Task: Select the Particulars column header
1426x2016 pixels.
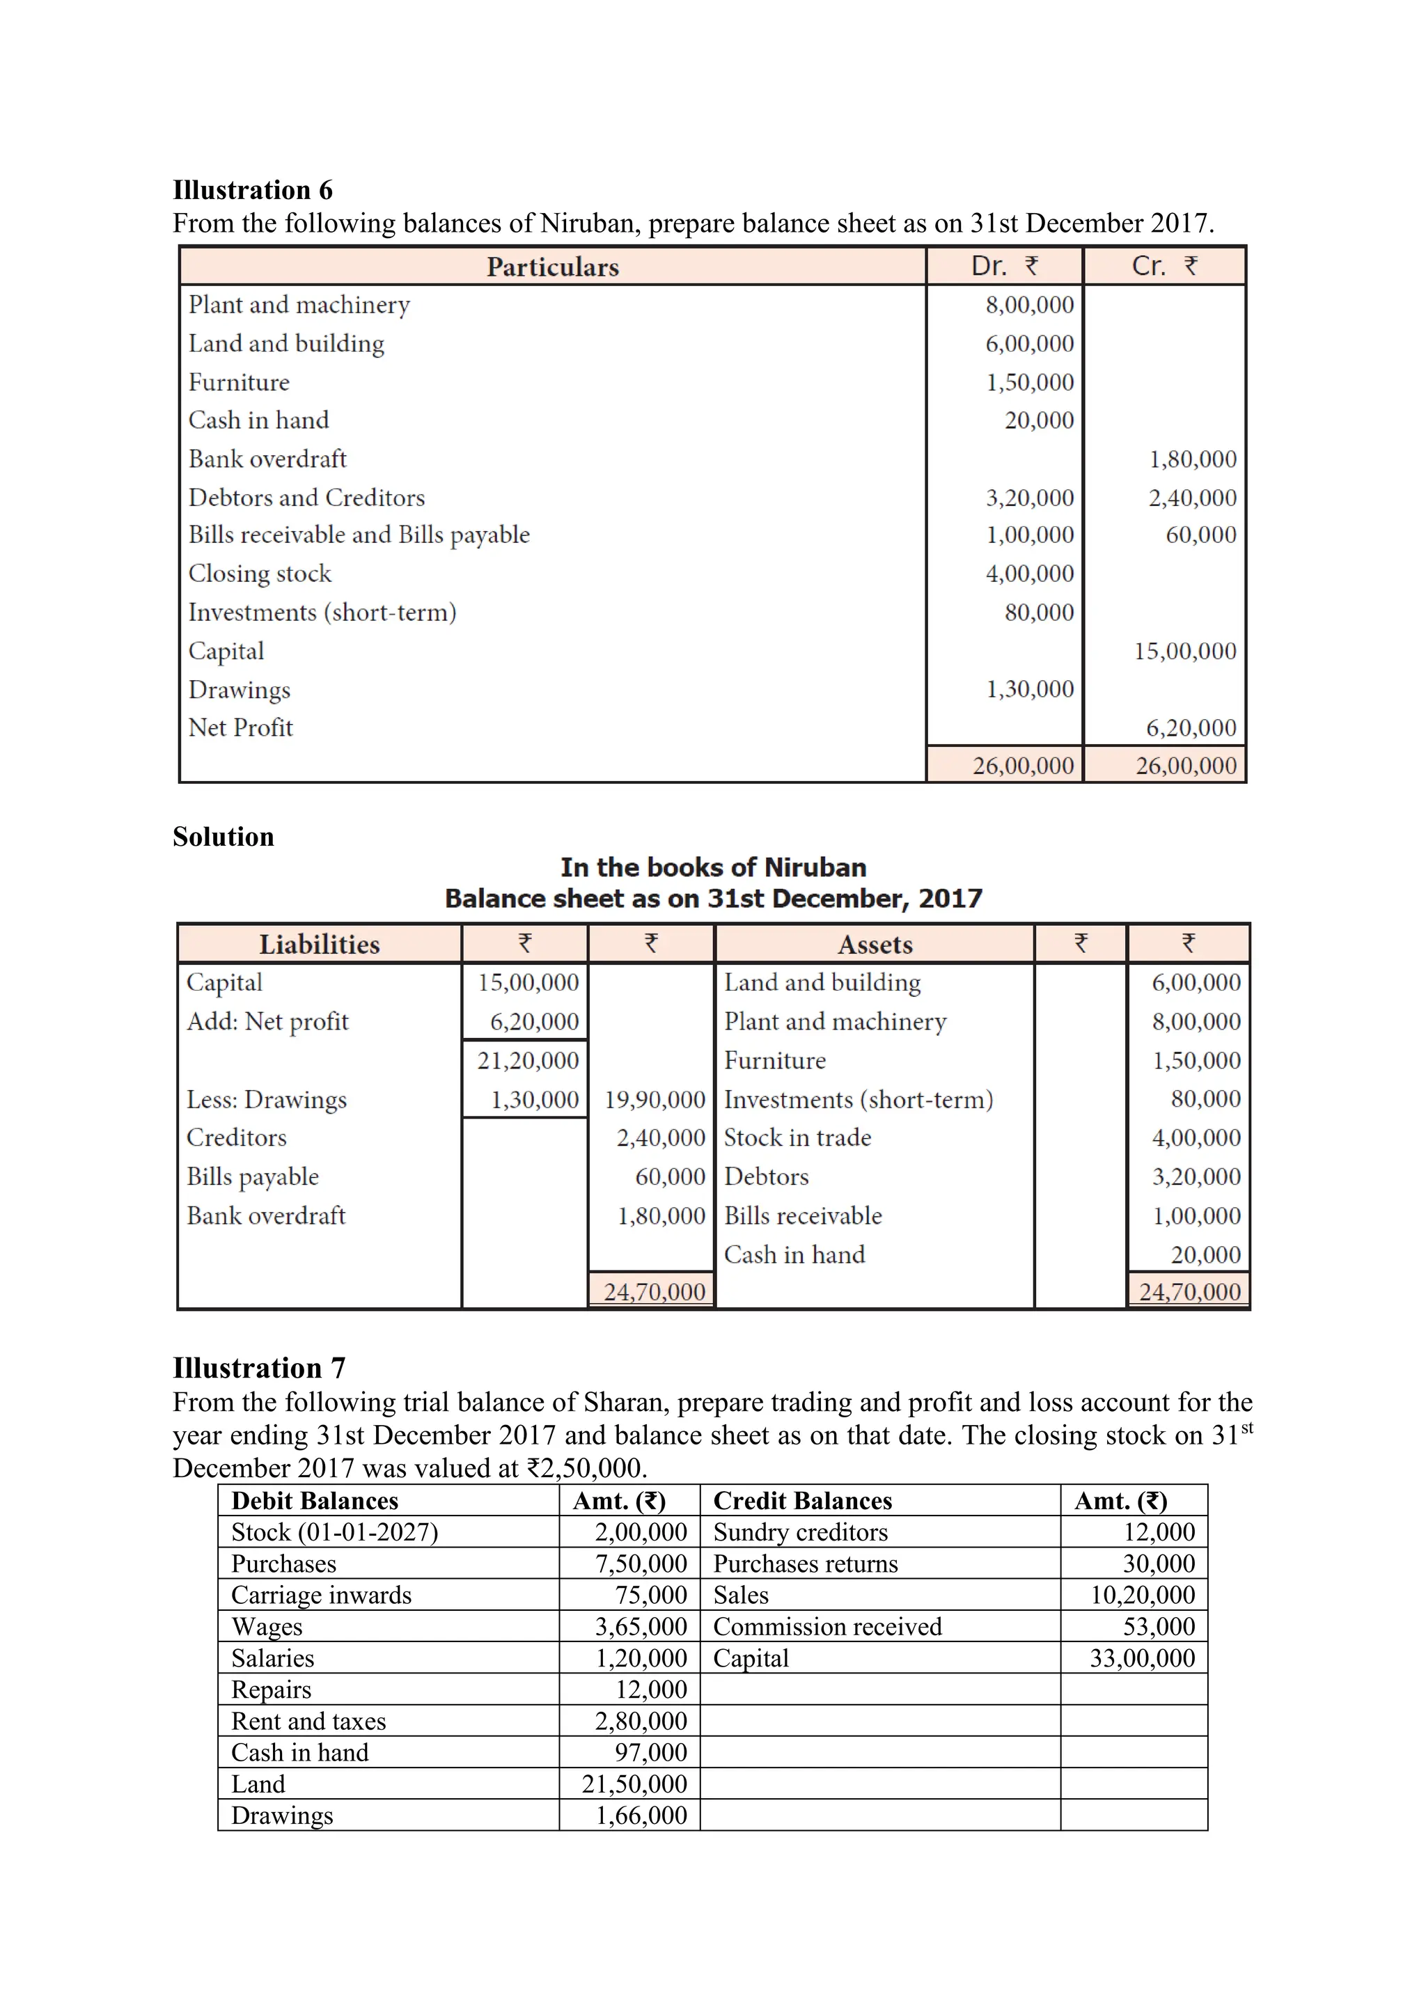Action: [x=552, y=267]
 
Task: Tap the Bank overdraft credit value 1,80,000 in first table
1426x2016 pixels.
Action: [x=1193, y=459]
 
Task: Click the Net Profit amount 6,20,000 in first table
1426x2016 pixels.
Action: [x=1191, y=728]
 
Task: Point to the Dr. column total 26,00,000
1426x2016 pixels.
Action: [x=1023, y=766]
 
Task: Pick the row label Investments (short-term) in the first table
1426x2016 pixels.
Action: [x=322, y=612]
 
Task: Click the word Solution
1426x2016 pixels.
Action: [x=223, y=837]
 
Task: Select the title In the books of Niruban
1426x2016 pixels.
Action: [x=713, y=867]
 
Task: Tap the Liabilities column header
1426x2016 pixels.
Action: [x=319, y=945]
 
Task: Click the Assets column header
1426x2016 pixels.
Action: [x=875, y=945]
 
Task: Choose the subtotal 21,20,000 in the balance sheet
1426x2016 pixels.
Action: [x=528, y=1061]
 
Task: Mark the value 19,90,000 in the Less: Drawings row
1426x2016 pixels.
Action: [x=655, y=1100]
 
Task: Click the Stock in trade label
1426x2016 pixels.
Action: [x=797, y=1138]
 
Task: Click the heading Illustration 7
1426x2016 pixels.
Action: [x=259, y=1368]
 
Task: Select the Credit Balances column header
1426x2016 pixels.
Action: [x=803, y=1501]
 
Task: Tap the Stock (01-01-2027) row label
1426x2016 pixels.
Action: [x=334, y=1532]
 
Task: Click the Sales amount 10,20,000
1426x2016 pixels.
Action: [x=1143, y=1595]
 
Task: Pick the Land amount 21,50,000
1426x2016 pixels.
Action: [x=634, y=1783]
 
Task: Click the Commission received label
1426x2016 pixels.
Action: [x=827, y=1626]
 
